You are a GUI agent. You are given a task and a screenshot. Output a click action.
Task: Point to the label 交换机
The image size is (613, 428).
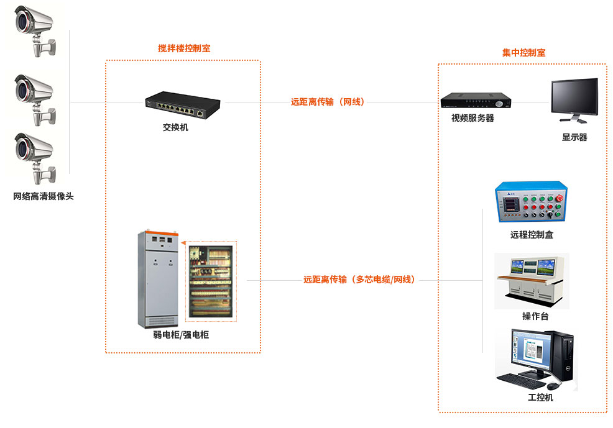coord(175,128)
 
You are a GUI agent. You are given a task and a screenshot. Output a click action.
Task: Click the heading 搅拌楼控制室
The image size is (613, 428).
coord(184,48)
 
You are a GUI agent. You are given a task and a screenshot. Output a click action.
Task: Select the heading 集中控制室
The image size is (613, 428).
coord(523,53)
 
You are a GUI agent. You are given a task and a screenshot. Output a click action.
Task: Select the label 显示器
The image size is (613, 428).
coord(574,137)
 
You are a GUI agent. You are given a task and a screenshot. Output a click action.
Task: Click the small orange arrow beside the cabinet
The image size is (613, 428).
coord(184,244)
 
